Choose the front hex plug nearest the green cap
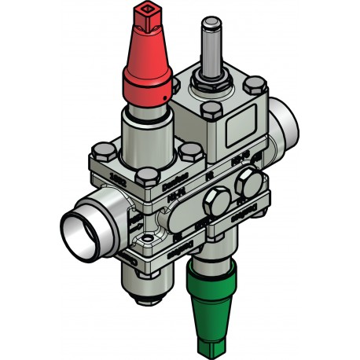(x=214, y=207)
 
